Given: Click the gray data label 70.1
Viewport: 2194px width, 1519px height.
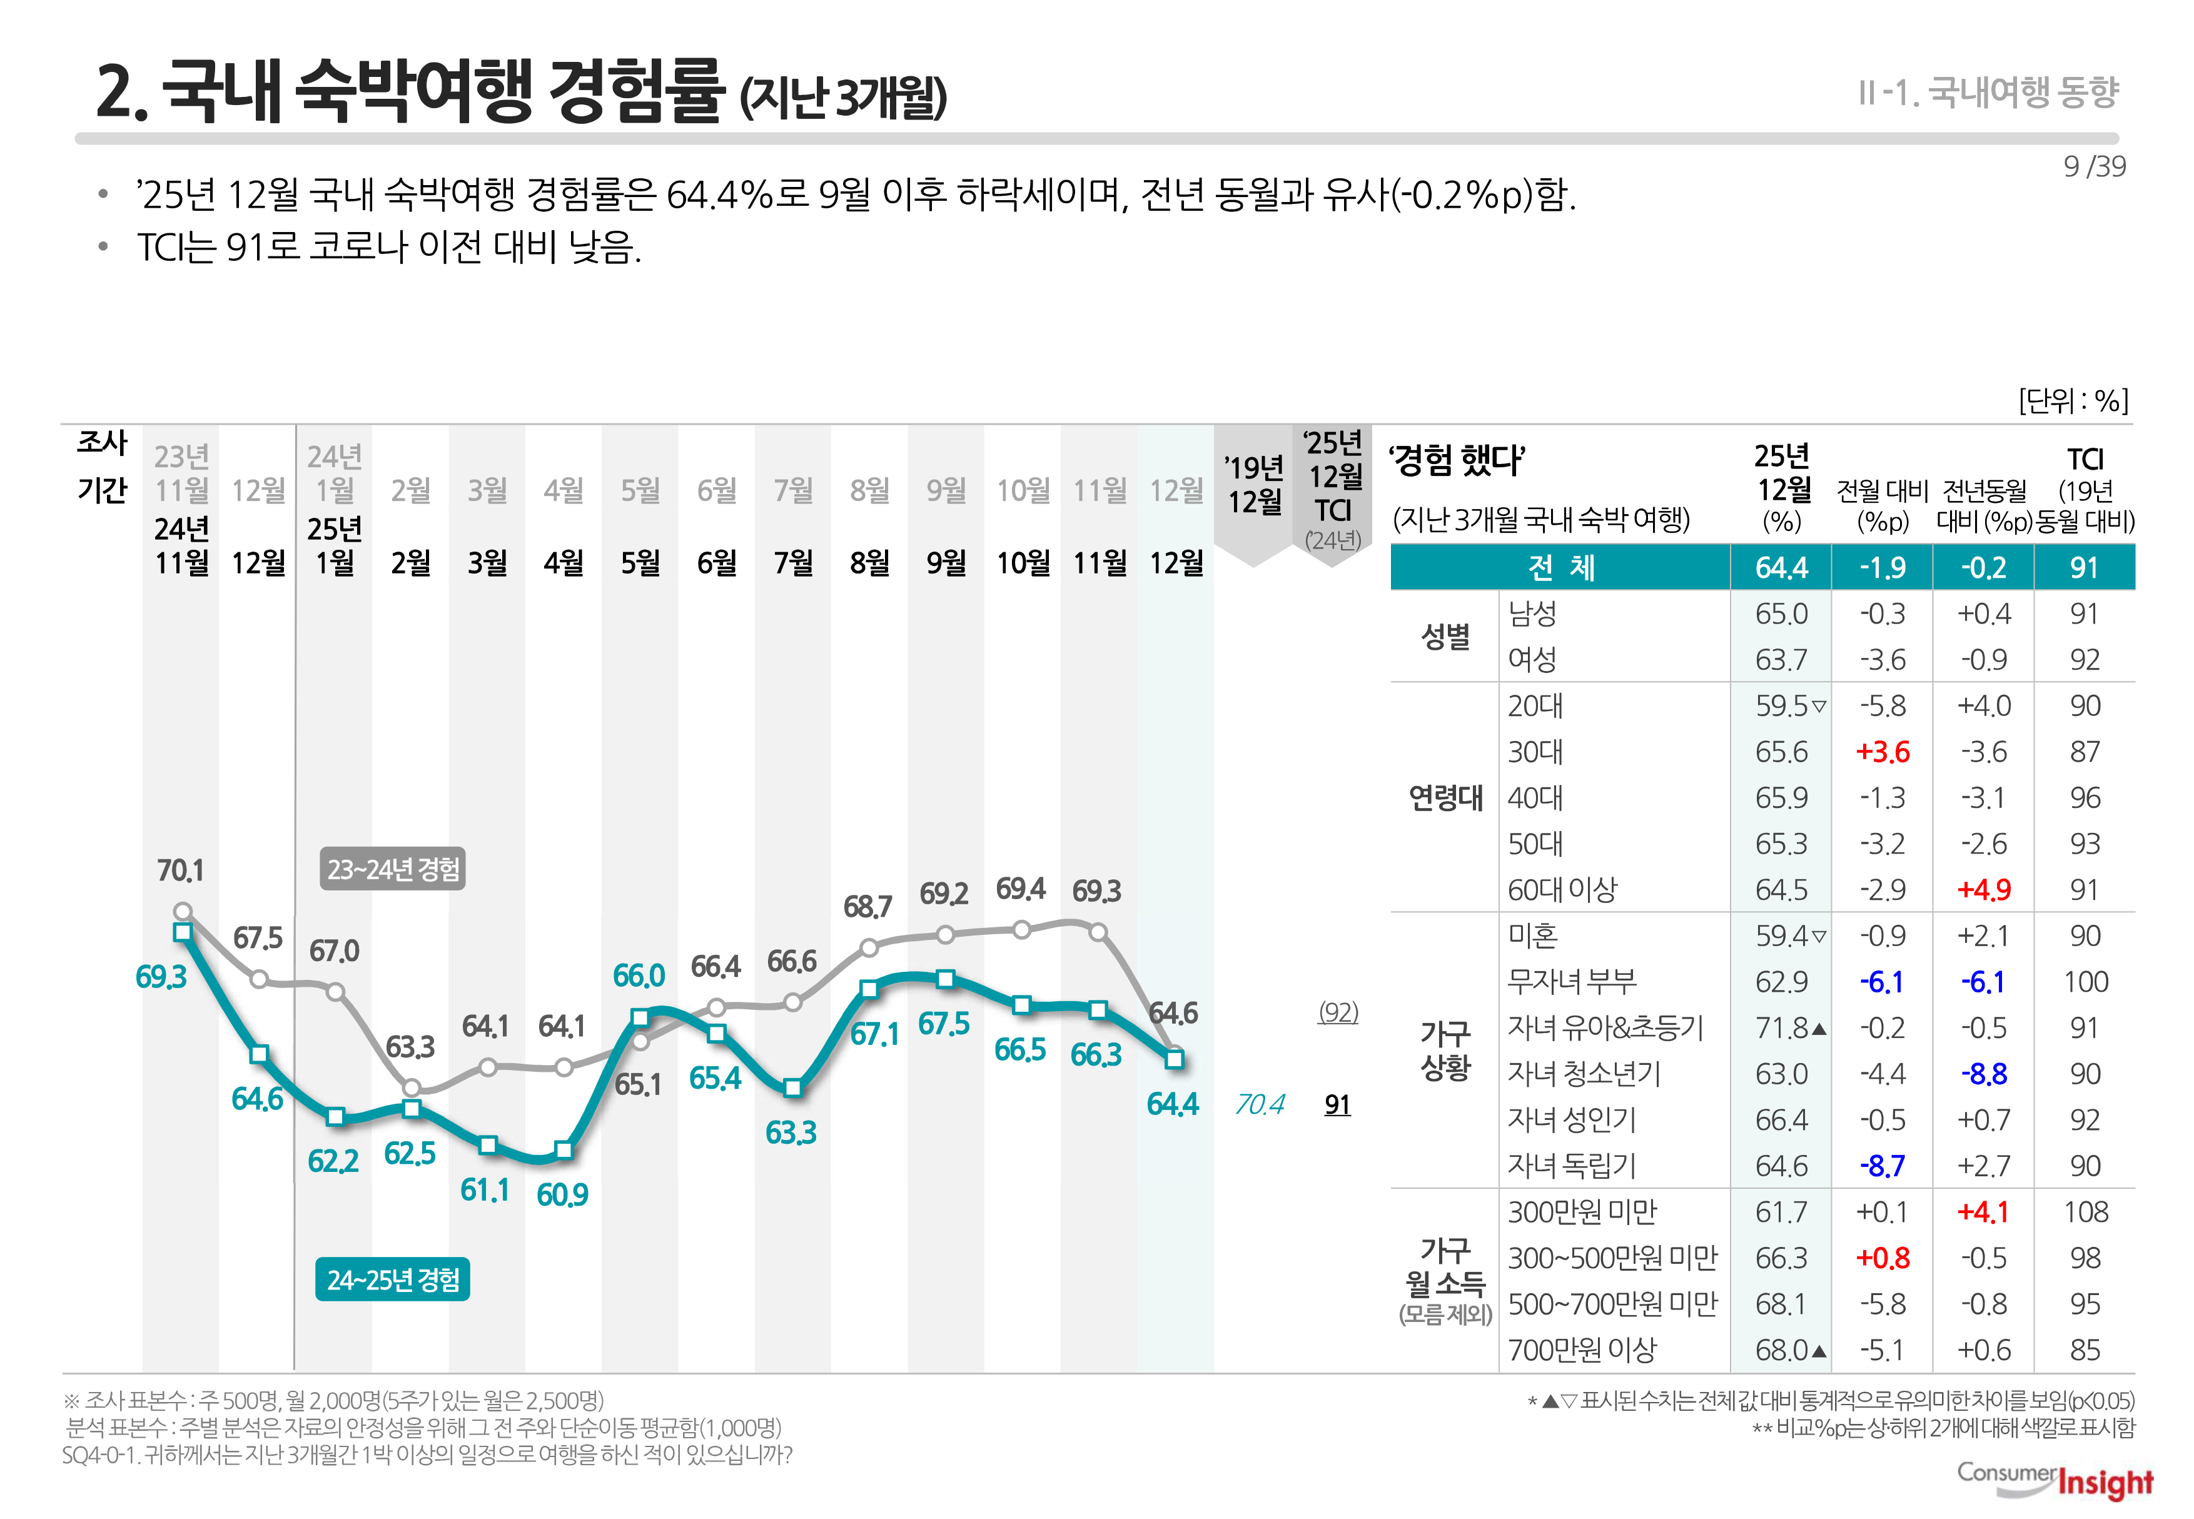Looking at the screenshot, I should pos(180,870).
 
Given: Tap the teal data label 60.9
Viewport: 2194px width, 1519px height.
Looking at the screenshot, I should pos(562,1194).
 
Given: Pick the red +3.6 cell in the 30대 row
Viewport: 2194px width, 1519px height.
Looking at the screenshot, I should pos(1882,752).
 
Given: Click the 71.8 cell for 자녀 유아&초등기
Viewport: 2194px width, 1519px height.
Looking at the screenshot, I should pos(1782,1028).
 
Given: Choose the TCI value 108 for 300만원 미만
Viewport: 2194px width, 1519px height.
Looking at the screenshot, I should pos(2085,1211).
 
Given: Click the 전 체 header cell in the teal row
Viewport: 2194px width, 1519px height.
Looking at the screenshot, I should pos(1561,567).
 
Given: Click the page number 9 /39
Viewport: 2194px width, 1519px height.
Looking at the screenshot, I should pos(2093,166).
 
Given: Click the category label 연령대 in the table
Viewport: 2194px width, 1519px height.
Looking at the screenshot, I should pos(1445,797).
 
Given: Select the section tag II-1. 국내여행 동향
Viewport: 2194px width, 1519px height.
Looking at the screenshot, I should pos(1988,93).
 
